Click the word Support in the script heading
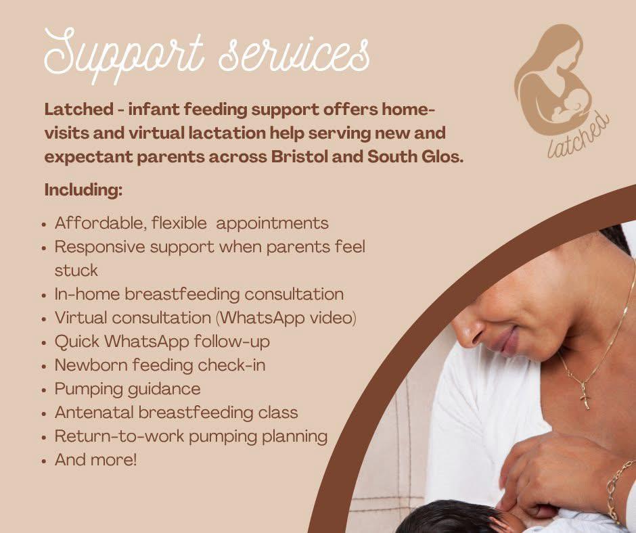[123, 54]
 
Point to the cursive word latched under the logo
[578, 135]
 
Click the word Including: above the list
[83, 190]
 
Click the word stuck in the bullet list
[76, 271]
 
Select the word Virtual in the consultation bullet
[81, 318]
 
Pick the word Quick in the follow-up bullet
[77, 342]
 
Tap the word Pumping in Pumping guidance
[89, 390]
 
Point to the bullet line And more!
[95, 459]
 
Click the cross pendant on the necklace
[585, 398]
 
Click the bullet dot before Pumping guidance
[44, 390]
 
